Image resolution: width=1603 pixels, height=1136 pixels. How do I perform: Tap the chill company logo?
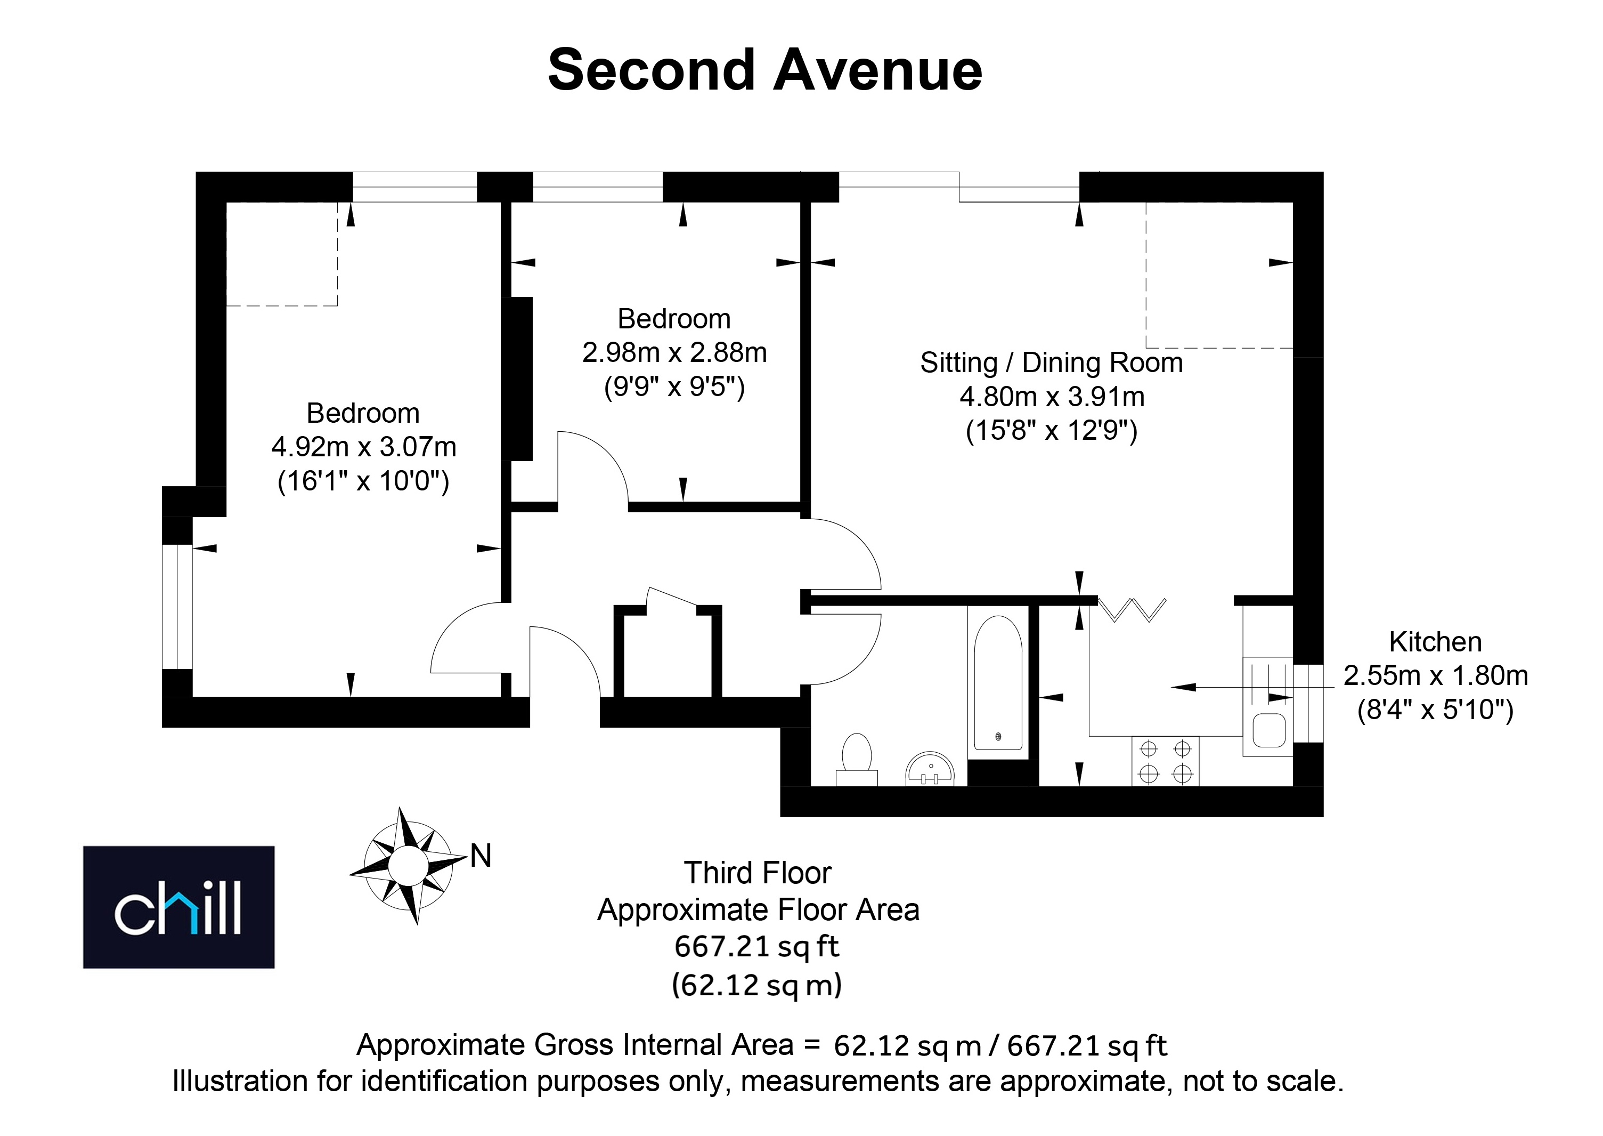tap(179, 907)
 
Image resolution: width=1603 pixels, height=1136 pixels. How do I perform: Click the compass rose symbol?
tap(408, 866)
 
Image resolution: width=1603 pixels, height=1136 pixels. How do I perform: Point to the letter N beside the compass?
tap(481, 856)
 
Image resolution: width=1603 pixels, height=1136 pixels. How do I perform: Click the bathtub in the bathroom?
tap(998, 683)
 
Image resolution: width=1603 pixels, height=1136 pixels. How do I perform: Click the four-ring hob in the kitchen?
tap(1166, 761)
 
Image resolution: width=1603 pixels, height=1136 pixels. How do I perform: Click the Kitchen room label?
tap(1435, 641)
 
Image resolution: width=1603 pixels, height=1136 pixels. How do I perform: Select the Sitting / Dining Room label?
tap(1052, 362)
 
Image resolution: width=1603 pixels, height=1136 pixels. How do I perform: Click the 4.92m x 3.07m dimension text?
tap(363, 447)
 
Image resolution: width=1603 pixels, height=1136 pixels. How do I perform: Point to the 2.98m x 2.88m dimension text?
tap(674, 352)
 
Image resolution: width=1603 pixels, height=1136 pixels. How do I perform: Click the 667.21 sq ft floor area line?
tap(757, 946)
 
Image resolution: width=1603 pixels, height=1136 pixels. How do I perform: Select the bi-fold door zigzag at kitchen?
tap(1132, 609)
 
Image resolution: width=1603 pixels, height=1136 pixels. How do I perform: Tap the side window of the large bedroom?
tap(177, 607)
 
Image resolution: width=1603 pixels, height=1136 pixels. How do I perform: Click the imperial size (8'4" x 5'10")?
tap(1435, 710)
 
